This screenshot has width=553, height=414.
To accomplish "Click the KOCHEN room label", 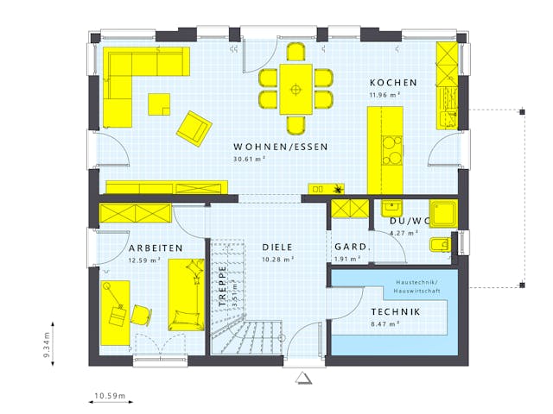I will point(393,83).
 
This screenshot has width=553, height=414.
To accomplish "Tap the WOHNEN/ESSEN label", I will point(281,147).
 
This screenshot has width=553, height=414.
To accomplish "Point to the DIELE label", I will point(278,248).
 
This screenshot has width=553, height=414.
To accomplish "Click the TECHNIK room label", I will point(395,311).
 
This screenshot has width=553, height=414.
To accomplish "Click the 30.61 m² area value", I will point(249,160).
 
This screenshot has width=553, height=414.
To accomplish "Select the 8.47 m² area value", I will point(385,324).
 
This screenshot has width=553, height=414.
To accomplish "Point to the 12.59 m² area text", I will point(145,260).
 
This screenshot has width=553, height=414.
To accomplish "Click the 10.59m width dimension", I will point(110,397).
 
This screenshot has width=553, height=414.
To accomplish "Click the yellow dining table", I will point(296,89).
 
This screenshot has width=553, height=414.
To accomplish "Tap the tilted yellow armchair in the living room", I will point(194,128).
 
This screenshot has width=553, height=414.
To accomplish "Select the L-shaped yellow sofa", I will point(130,78).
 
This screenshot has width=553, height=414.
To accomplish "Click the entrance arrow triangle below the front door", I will point(302,378).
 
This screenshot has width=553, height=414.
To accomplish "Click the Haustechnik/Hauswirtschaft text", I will point(418,287).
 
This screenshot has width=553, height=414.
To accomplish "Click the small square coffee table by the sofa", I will point(159,103).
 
